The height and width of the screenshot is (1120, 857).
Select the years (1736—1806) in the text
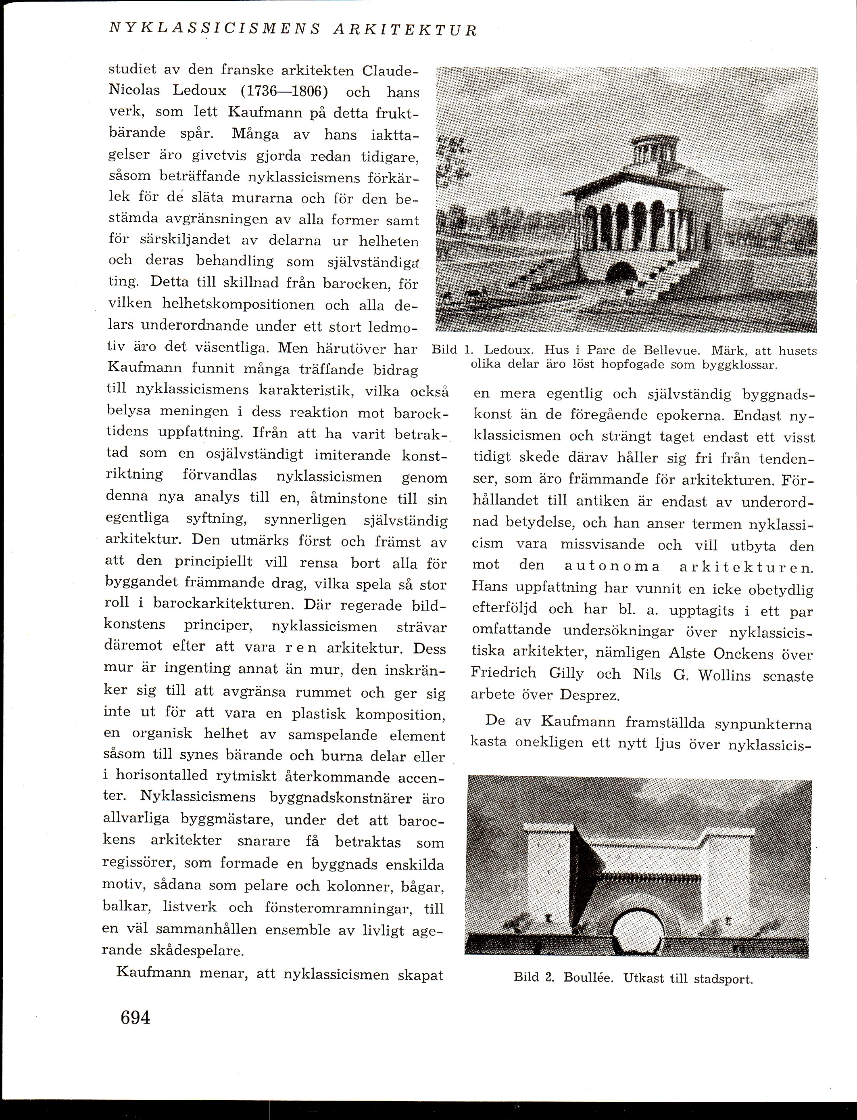pos(284,92)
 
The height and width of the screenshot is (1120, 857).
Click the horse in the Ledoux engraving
pos(474,295)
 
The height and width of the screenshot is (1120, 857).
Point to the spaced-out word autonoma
pos(612,567)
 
